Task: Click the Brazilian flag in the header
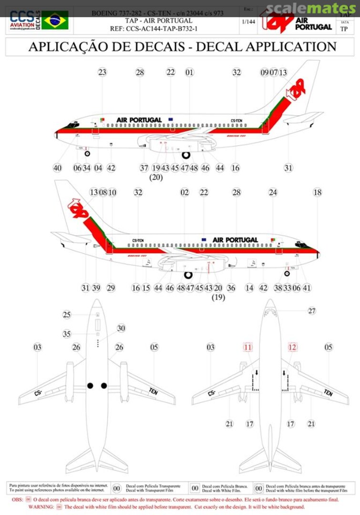pos(54,21)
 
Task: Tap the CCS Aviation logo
pos(22,21)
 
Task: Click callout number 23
pos(102,72)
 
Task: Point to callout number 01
pos(189,72)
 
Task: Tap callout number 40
pos(57,168)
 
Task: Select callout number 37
pos(144,168)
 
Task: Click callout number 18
pos(318,192)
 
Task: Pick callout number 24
pos(273,192)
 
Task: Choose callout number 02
pos(185,192)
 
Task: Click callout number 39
pos(96,288)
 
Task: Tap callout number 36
pos(231,288)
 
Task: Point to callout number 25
pos(67,314)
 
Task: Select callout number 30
pos(121,328)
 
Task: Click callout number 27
pos(312,311)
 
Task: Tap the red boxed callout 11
pos(247,347)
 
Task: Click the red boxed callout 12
pos(292,347)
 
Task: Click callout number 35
pos(67,334)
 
